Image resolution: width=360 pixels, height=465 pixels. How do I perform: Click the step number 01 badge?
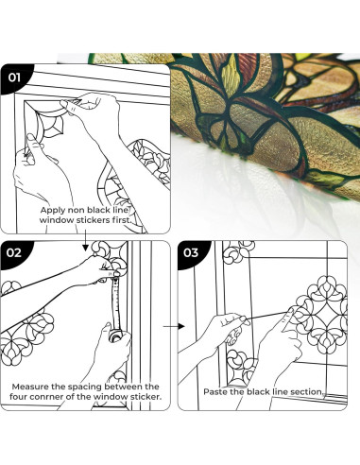[x=13, y=77]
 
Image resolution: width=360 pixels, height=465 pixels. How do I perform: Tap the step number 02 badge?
[x=13, y=252]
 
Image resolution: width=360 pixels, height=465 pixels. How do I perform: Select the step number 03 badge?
[x=191, y=252]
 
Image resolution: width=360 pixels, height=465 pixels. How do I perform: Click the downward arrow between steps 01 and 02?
[x=85, y=241]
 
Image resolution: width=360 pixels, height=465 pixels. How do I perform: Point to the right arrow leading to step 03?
[x=174, y=326]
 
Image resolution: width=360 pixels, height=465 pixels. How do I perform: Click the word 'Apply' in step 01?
[x=53, y=211]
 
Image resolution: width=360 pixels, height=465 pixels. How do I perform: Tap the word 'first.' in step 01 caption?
[x=121, y=220]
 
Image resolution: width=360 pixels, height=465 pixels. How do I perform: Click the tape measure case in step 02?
[x=116, y=336]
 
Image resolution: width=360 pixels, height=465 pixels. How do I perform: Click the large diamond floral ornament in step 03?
[x=321, y=315]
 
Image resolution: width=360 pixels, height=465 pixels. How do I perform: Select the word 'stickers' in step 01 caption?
[x=94, y=220]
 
